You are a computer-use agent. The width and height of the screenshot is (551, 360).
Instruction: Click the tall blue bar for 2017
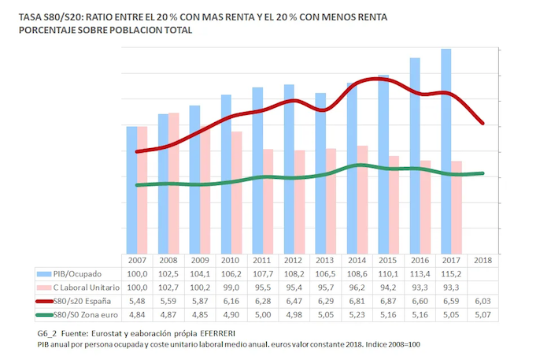click(446, 150)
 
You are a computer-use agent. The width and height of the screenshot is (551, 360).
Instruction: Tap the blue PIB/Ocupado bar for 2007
click(131, 189)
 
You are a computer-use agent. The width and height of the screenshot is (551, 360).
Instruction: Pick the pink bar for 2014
click(363, 199)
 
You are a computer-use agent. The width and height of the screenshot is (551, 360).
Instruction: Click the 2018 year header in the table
click(481, 260)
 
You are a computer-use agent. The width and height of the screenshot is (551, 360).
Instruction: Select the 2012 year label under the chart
click(291, 260)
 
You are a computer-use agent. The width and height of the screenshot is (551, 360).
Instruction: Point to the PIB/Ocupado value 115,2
click(449, 273)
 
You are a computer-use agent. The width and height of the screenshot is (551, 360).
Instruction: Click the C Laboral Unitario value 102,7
click(167, 287)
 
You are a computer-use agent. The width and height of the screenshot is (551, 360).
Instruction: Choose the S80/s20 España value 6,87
click(386, 301)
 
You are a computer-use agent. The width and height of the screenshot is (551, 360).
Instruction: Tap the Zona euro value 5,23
click(355, 314)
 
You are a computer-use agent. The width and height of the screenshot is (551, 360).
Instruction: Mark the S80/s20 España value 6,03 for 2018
click(481, 301)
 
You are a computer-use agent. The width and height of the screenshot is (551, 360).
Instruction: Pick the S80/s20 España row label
click(86, 301)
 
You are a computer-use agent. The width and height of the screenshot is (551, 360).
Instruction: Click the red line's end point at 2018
click(482, 124)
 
